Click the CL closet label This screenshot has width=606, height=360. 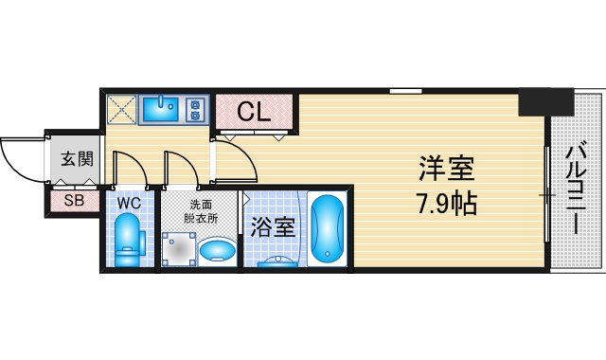(254, 112)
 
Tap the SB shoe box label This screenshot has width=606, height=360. (74, 201)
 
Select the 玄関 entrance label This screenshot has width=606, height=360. (78, 159)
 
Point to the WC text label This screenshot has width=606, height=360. (129, 204)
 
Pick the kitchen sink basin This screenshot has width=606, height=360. (160, 110)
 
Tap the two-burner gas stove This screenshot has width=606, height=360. (195, 110)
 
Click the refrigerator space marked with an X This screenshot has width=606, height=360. (122, 110)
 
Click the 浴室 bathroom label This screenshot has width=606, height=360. (273, 227)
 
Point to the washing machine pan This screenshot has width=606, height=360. (179, 249)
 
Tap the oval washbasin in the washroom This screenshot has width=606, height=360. (217, 250)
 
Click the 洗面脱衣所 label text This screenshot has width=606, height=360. (200, 211)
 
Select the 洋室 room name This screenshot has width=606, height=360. (447, 169)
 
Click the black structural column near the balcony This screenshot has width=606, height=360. (545, 101)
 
